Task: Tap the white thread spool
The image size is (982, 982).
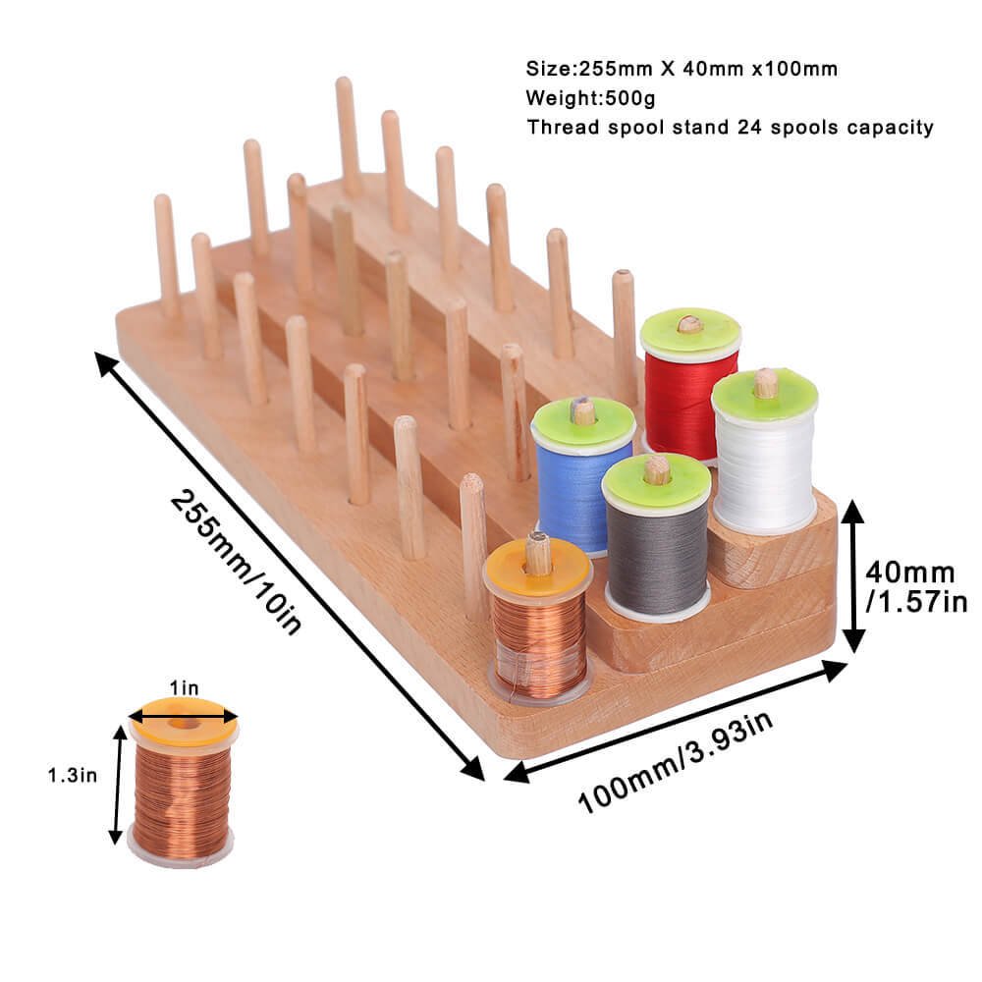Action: (765, 451)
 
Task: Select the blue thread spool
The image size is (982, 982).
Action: (582, 476)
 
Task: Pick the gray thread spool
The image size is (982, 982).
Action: (657, 537)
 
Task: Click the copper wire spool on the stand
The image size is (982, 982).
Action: (538, 620)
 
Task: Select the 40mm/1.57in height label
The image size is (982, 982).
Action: (916, 586)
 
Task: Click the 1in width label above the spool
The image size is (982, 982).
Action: (184, 687)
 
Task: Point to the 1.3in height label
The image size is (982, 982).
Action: (73, 776)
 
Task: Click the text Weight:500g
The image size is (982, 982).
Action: (590, 97)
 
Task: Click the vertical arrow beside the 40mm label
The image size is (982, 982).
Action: (852, 575)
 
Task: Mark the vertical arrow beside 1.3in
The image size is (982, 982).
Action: (117, 785)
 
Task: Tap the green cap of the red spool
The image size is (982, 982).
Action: (690, 329)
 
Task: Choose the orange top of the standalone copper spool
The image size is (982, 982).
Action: (184, 720)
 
